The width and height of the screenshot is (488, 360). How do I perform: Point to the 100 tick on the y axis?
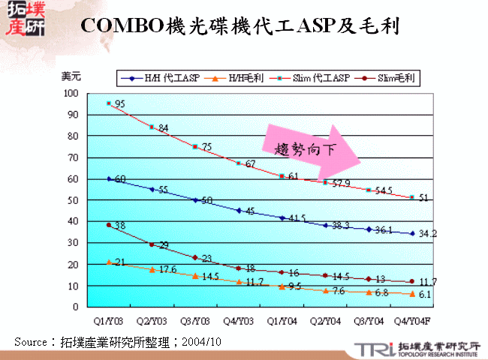71,93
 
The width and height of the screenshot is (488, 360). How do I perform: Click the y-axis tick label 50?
74,200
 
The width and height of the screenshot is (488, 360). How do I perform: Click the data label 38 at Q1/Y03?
119,226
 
